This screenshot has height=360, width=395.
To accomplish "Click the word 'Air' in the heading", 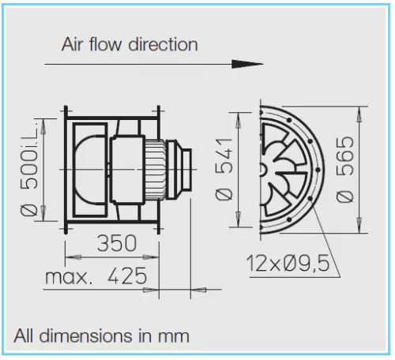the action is (72, 44).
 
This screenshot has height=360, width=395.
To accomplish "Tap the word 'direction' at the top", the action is (163, 44).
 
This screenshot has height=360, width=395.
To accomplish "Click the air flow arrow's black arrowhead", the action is (247, 64).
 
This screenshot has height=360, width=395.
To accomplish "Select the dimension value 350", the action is (117, 243).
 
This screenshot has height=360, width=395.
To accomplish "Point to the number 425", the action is (127, 276).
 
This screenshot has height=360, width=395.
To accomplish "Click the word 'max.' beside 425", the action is (69, 277).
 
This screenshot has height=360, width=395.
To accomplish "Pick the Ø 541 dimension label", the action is (224, 169).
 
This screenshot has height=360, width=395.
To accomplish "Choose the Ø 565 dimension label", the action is (344, 170).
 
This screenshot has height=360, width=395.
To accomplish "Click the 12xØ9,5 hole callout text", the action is (288, 263).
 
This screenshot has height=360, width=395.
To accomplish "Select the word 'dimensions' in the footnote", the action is (86, 336).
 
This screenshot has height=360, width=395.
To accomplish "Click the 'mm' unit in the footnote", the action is (174, 338).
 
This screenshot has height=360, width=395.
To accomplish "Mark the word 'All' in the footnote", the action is (24, 336).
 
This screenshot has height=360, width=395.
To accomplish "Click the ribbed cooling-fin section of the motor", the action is (156, 170).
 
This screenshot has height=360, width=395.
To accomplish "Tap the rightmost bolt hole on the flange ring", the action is (318, 170).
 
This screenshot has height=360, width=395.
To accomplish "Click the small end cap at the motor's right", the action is (186, 170).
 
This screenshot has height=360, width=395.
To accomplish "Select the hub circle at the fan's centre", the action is (262, 170).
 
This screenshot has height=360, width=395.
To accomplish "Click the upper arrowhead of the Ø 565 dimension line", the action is (359, 114).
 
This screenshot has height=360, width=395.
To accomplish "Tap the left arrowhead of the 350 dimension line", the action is (73, 257).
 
